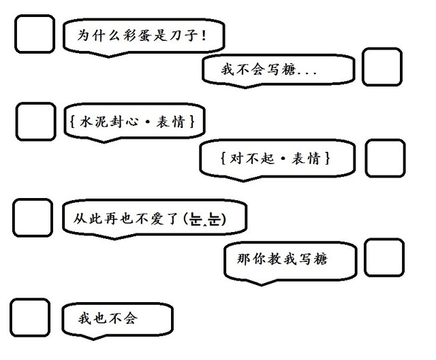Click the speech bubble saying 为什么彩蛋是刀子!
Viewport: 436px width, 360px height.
(x=143, y=35)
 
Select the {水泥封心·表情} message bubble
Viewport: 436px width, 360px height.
(x=133, y=122)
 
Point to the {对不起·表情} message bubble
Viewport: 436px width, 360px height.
(x=277, y=159)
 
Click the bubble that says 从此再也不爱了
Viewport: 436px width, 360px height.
(x=153, y=218)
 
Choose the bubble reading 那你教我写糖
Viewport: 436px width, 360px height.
(x=290, y=259)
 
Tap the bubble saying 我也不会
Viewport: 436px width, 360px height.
(x=116, y=318)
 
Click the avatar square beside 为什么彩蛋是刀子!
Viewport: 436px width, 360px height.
(x=34, y=34)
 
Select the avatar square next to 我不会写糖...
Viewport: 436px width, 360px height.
(x=381, y=67)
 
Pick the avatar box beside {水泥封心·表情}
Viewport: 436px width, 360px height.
(x=35, y=122)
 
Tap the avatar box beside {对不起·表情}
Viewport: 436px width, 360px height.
(x=385, y=158)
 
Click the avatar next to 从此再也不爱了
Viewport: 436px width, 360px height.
(x=32, y=218)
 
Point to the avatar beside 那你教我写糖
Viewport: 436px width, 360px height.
(x=384, y=258)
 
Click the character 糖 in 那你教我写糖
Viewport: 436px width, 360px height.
(x=328, y=259)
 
